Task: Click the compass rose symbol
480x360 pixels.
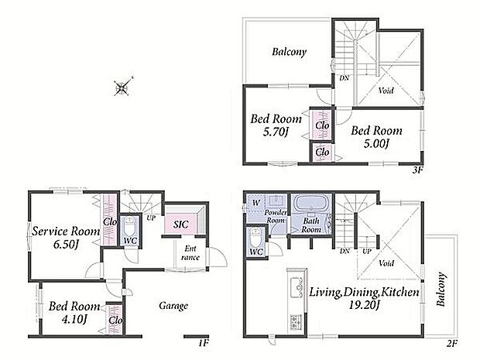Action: (x=122, y=87)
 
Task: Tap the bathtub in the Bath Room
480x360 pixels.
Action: (x=311, y=204)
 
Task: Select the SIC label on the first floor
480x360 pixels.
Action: (x=181, y=225)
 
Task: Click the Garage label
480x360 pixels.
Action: (x=173, y=306)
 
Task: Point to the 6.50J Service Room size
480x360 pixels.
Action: (x=66, y=245)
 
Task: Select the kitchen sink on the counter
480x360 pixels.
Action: (x=297, y=287)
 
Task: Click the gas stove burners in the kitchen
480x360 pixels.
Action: (x=296, y=322)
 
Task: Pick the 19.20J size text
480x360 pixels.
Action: (x=365, y=305)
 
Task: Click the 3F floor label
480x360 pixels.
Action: (x=417, y=170)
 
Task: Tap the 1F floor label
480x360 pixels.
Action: (x=204, y=342)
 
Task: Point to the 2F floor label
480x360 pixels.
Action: (x=451, y=343)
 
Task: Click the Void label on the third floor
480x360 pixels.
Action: (x=386, y=91)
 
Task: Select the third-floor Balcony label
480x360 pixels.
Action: (x=289, y=52)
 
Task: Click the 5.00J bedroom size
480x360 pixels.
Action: (x=376, y=143)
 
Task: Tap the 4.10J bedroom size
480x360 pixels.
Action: (x=74, y=319)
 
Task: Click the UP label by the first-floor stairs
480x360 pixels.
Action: (x=151, y=218)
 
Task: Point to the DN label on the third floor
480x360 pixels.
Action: (x=344, y=78)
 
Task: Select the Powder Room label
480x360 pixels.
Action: (x=276, y=216)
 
